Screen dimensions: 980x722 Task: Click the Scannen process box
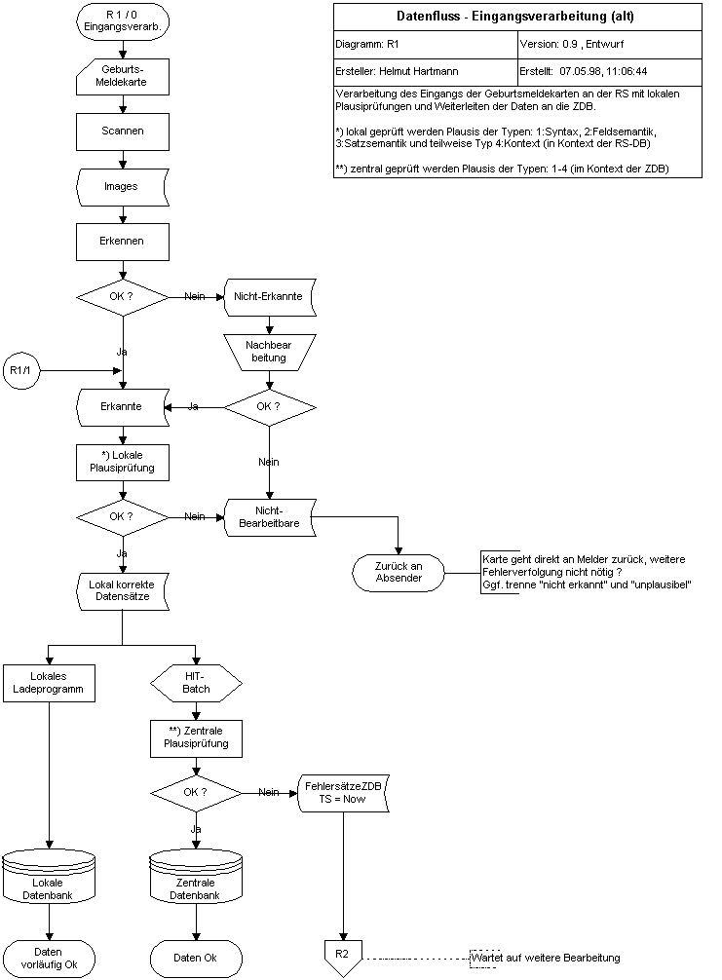pyautogui.click(x=123, y=130)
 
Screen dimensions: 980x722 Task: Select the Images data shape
pyautogui.click(x=123, y=185)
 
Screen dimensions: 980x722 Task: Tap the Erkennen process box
pyautogui.click(x=123, y=240)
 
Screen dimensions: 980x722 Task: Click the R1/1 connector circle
pyautogui.click(x=19, y=370)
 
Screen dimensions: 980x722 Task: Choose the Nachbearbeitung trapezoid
pyautogui.click(x=270, y=352)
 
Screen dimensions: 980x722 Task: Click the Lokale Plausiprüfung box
pyautogui.click(x=123, y=462)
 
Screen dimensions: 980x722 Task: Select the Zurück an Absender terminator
pyautogui.click(x=399, y=572)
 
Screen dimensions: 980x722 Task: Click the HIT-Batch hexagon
pyautogui.click(x=196, y=682)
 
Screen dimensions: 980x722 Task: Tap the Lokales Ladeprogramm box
pyautogui.click(x=49, y=682)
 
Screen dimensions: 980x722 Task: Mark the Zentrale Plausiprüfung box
pyautogui.click(x=196, y=737)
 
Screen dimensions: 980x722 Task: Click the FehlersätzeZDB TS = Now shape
pyautogui.click(x=342, y=791)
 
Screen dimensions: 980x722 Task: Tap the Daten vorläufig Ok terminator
pyautogui.click(x=49, y=958)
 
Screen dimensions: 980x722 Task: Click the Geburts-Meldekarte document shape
pyautogui.click(x=123, y=75)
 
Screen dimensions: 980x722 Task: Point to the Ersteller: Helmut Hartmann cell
pyautogui.click(x=426, y=71)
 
